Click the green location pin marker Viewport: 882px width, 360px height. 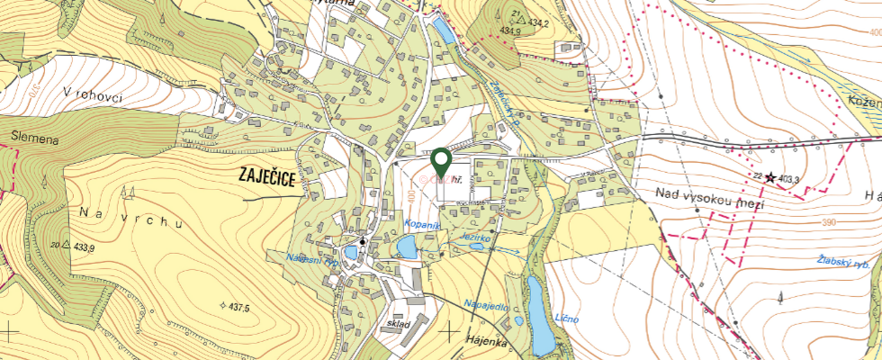(441, 162)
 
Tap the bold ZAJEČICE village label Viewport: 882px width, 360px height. (268, 177)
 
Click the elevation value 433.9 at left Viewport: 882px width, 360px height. (78, 247)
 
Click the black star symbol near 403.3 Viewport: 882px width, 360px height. (769, 179)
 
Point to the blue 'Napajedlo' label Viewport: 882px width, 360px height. (487, 307)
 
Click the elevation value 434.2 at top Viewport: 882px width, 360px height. (538, 22)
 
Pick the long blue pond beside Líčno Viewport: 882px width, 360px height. (538, 315)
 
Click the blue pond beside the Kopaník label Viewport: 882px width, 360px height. (407, 246)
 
